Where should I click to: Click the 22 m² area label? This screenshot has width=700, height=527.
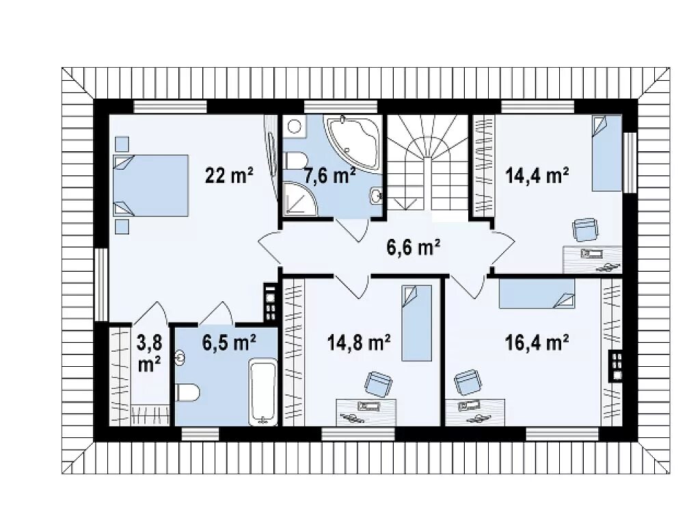coord(230,175)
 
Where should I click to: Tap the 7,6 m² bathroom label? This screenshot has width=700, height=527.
coord(329,175)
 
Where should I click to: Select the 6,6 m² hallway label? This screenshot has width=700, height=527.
coord(414,247)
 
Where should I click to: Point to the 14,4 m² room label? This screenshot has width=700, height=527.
coord(537,175)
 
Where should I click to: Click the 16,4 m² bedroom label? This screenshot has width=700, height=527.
coord(537,343)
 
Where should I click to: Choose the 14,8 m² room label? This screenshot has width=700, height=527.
coord(360,343)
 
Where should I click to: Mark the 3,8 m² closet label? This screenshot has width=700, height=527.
coord(150,354)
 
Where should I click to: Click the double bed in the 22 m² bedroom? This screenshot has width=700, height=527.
coord(151,185)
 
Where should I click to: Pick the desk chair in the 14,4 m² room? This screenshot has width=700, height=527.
coord(585,229)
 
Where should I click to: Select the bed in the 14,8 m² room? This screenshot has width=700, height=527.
coord(416,323)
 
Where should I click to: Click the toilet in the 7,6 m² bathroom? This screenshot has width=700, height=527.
coord(296,160)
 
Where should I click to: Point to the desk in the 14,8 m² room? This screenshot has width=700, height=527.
coord(366,413)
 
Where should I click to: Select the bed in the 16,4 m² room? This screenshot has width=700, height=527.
coord(537,294)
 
